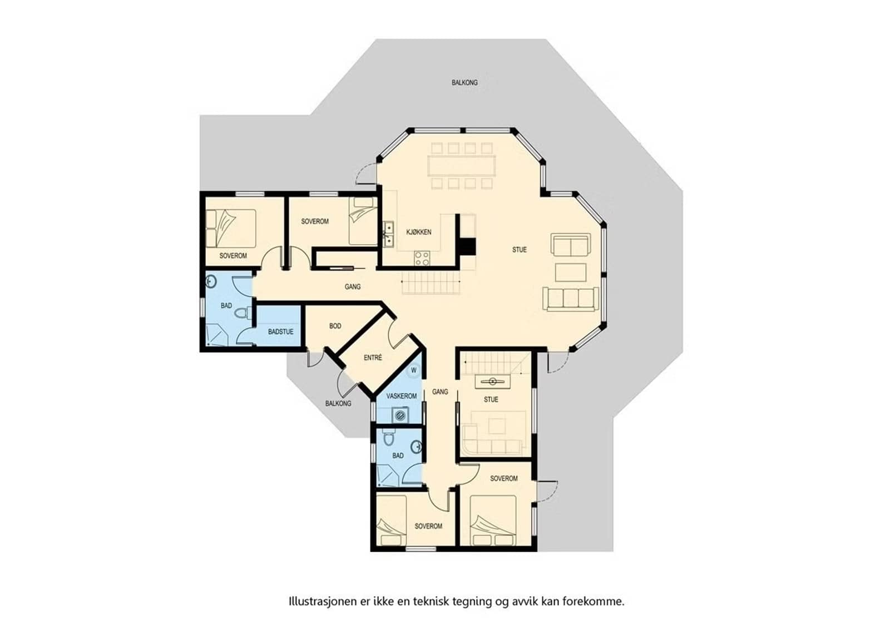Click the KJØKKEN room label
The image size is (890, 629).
click(419, 232)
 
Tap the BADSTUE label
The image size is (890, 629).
click(280, 331)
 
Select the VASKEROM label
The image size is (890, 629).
click(401, 396)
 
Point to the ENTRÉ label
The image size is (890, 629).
click(373, 358)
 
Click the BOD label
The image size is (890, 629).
click(335, 326)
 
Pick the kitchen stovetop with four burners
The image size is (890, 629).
click(422, 258)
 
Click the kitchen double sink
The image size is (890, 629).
click(388, 235)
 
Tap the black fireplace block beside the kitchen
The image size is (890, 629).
click(466, 246)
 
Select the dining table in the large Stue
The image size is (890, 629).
click(462, 165)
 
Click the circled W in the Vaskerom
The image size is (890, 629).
click(414, 370)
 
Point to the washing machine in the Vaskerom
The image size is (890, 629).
click(400, 415)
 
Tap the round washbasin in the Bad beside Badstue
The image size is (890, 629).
click(211, 281)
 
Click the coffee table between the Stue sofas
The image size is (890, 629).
click(571, 273)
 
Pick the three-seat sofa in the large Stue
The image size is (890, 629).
click(571, 299)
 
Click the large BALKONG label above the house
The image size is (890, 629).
click(464, 83)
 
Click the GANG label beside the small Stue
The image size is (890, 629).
click(440, 392)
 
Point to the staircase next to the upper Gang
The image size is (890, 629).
click(431, 283)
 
